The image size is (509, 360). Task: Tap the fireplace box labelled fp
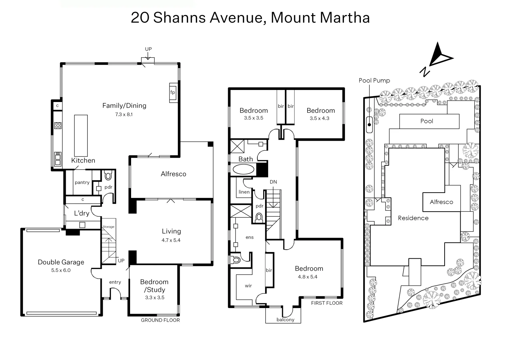[x=173, y=92]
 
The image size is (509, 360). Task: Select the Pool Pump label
[x=374, y=80]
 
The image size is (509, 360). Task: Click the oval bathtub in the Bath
[x=243, y=169]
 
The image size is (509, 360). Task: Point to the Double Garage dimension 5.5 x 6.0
[x=61, y=270]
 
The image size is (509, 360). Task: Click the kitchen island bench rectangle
[x=81, y=136]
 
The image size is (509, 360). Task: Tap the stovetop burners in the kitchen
[x=58, y=126]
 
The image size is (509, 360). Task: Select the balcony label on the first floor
[x=285, y=320]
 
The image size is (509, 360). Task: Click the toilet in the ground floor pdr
[x=108, y=176]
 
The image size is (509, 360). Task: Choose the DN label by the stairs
[x=273, y=182]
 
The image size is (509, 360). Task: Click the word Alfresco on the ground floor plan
[x=173, y=174]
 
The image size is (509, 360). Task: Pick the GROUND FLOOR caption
[x=160, y=320]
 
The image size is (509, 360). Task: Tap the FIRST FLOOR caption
[x=327, y=303]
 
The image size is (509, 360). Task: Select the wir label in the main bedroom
[x=248, y=286]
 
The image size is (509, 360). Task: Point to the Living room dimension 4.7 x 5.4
[x=171, y=240]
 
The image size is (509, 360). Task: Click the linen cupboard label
[x=244, y=192]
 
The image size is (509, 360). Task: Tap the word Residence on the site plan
[x=413, y=218]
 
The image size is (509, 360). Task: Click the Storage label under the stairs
[x=108, y=227]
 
